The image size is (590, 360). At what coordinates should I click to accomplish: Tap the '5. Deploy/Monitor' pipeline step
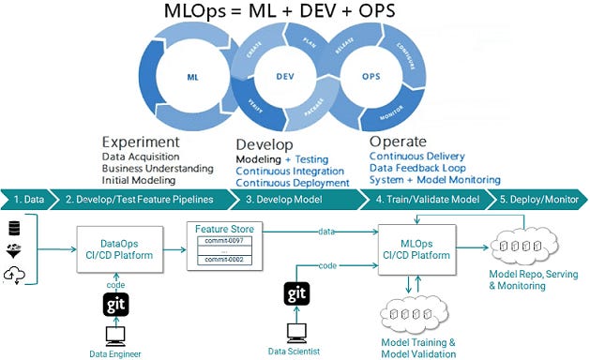pos(533,199)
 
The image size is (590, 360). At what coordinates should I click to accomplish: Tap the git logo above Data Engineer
pos(113,304)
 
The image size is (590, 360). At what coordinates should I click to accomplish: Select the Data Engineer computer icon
pos(113,337)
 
